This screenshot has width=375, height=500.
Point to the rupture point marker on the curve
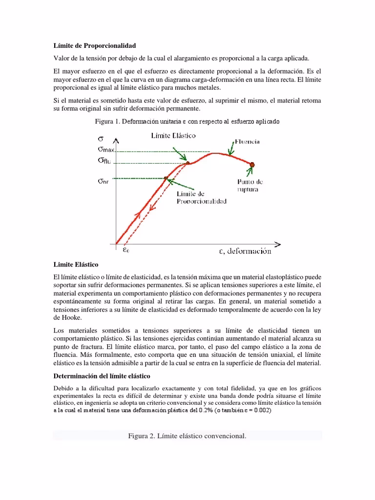pyautogui.click(x=253, y=165)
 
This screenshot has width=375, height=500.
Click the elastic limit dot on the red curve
pyautogui.click(x=188, y=163)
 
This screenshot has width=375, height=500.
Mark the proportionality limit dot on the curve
pyautogui.click(x=166, y=178)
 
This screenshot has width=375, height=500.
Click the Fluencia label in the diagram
pyautogui.click(x=247, y=141)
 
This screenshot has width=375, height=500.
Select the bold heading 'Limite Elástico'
pyautogui.click(x=76, y=264)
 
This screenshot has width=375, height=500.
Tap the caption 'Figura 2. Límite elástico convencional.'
pyautogui.click(x=187, y=435)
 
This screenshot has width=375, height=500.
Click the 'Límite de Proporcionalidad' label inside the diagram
pyautogui.click(x=201, y=197)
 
